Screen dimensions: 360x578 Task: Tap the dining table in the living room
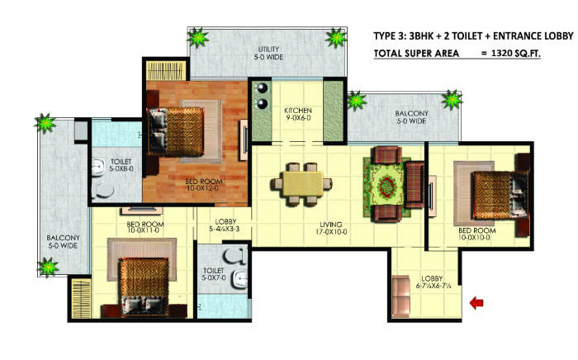tap(301, 182)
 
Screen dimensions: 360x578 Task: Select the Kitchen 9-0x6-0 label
tap(297, 115)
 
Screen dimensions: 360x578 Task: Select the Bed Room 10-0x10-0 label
tap(476, 234)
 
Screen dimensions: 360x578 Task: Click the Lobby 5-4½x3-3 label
tap(226, 226)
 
